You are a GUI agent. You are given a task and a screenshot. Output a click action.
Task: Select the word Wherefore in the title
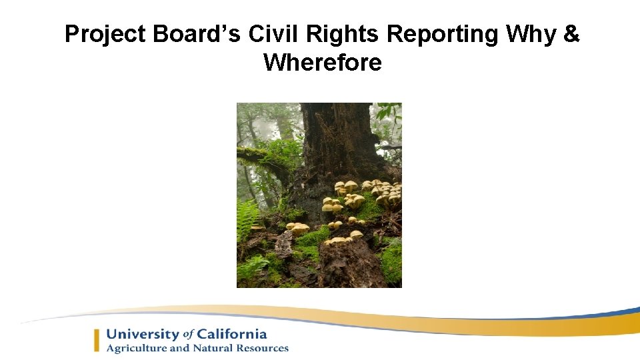tap(322, 63)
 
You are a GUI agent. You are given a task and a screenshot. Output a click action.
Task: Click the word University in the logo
tap(142, 335)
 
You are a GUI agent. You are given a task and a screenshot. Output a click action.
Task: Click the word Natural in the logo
tap(213, 348)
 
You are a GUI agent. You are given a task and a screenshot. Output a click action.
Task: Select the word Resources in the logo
tap(263, 348)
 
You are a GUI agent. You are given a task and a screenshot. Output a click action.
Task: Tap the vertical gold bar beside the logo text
tap(97, 340)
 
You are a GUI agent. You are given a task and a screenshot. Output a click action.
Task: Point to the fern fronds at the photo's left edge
tap(247, 220)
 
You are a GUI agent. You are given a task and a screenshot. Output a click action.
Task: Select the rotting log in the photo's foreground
tap(350, 263)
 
